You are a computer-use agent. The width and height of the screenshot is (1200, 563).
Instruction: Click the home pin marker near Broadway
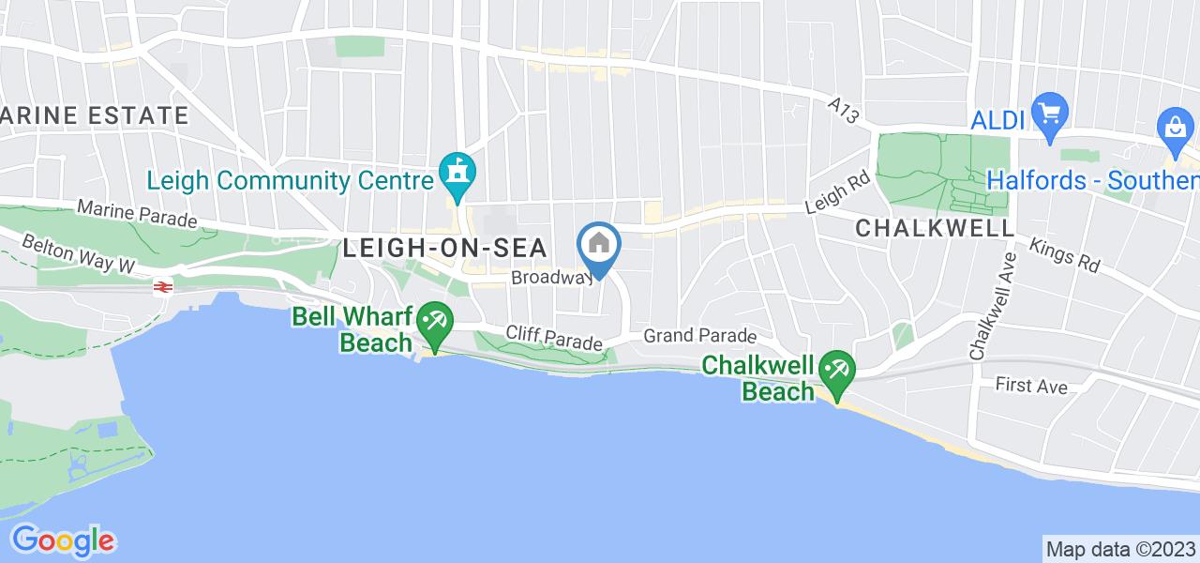(x=599, y=247)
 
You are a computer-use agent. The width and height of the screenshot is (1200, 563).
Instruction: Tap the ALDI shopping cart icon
(x=1049, y=114)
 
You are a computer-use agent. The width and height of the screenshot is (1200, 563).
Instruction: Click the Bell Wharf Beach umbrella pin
(x=432, y=325)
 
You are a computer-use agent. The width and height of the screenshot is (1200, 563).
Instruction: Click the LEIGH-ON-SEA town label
(x=457, y=248)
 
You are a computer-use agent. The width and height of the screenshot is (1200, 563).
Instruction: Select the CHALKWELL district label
(x=934, y=228)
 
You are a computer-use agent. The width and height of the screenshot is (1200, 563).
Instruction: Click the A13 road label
(x=843, y=111)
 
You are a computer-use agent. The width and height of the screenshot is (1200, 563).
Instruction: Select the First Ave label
(x=1031, y=386)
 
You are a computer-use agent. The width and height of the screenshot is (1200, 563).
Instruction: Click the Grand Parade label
(x=700, y=335)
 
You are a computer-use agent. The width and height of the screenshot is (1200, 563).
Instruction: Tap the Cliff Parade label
(x=554, y=338)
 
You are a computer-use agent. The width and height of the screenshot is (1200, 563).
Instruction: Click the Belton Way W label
(x=81, y=252)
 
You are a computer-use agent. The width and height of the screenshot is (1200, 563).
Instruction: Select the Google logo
(x=63, y=540)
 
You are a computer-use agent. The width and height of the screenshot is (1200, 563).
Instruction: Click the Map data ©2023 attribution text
(x=1119, y=549)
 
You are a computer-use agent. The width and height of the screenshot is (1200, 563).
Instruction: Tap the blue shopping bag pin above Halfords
(x=1174, y=130)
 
